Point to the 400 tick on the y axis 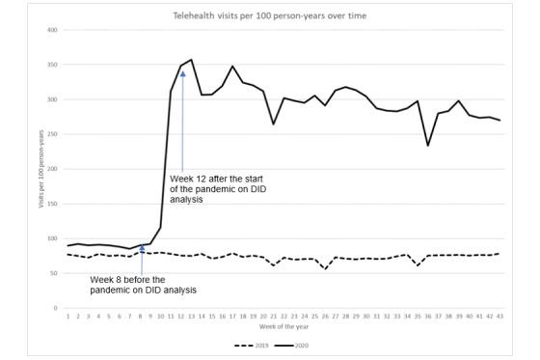(x=52, y=30)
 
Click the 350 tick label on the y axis (x=52, y=65)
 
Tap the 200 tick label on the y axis (x=52, y=169)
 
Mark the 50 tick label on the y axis (x=53, y=273)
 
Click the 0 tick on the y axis (x=55, y=308)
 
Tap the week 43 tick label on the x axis (x=499, y=315)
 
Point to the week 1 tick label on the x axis (x=68, y=315)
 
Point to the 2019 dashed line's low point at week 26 (x=325, y=268)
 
